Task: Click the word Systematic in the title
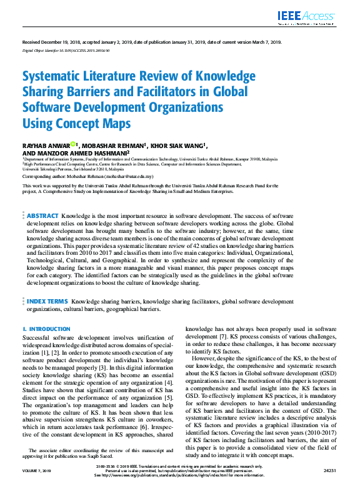coord(54,77)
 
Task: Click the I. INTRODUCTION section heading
coord(46,329)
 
